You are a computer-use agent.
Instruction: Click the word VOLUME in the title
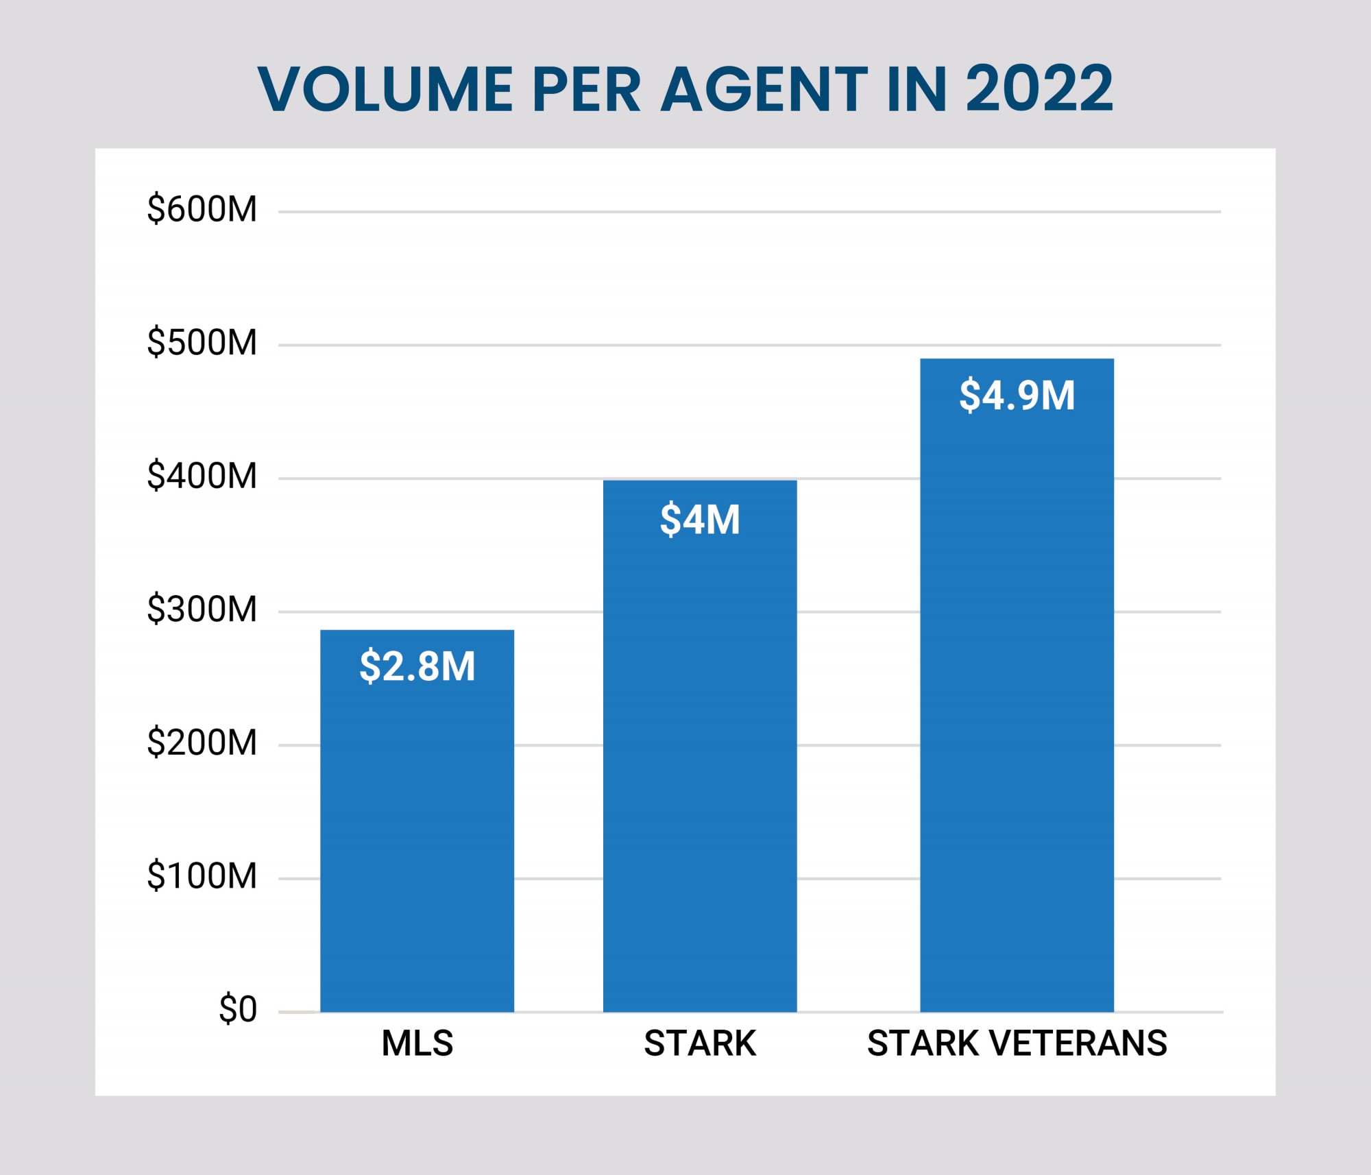point(385,89)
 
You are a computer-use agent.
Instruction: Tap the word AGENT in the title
point(764,89)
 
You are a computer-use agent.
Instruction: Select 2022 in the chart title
point(1039,89)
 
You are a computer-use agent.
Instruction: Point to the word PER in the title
point(586,89)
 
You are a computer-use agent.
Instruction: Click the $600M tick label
point(202,209)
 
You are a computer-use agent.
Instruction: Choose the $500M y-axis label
point(202,342)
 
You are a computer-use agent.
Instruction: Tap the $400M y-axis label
point(202,476)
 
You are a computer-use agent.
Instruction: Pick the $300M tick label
point(202,609)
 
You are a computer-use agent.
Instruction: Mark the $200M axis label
point(202,742)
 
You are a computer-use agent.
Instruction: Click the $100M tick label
point(202,875)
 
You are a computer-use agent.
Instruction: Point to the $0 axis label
point(237,1009)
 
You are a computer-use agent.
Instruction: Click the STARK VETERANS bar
point(1017,720)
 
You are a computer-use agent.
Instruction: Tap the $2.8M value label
point(417,666)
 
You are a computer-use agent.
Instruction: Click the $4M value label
point(700,520)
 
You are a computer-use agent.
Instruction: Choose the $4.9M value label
point(1017,396)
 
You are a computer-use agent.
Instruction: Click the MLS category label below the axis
point(417,1043)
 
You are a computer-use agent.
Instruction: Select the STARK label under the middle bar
point(700,1043)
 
